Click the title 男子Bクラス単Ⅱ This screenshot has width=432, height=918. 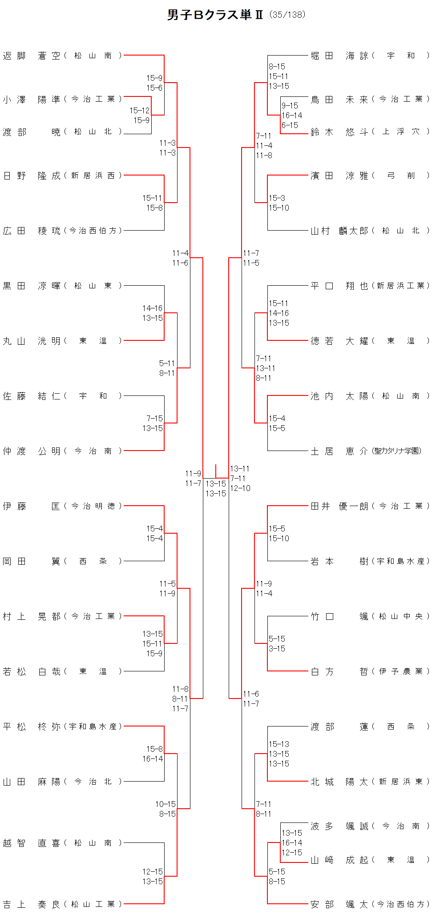pyautogui.click(x=215, y=15)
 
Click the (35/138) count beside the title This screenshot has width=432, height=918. pyautogui.click(x=287, y=15)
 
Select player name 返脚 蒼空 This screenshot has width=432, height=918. pyautogui.click(x=31, y=56)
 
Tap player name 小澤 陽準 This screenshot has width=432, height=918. pyautogui.click(x=31, y=100)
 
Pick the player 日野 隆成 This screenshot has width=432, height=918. pyautogui.click(x=31, y=176)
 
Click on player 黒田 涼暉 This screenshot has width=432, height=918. pyautogui.click(x=31, y=286)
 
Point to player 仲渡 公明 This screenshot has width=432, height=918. pyautogui.click(x=31, y=451)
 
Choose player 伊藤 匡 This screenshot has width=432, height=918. pyautogui.click(x=31, y=506)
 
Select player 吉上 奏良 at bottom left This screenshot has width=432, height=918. pyautogui.click(x=31, y=904)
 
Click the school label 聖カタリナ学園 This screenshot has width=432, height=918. pyautogui.click(x=397, y=451)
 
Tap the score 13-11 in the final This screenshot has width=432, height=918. pyautogui.click(x=240, y=469)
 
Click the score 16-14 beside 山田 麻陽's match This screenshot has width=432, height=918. pyautogui.click(x=153, y=759)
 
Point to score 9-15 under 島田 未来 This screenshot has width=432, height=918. pyautogui.click(x=290, y=106)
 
